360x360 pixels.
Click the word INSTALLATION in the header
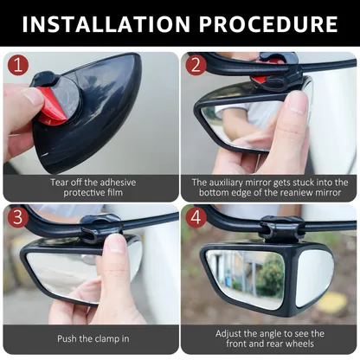tap(106, 23)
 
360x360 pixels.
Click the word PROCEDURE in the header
tap(268, 23)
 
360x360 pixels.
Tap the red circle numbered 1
tap(18, 65)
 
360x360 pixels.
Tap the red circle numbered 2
tap(196, 65)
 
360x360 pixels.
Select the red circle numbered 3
tap(18, 217)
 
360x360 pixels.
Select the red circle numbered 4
tap(196, 217)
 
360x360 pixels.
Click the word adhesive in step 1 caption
tap(117, 183)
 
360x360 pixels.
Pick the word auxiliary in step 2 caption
tap(226, 183)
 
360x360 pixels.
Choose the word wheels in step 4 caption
tap(300, 344)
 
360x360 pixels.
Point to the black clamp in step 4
tap(281, 228)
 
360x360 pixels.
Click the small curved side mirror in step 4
tap(314, 276)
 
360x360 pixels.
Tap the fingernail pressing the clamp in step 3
tap(116, 243)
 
